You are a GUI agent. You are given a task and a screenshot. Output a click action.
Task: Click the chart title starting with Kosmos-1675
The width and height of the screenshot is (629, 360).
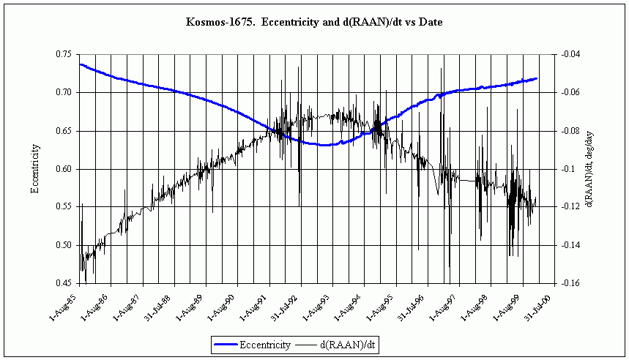(314, 23)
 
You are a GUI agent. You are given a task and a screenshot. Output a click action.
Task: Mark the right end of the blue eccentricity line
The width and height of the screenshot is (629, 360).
(537, 78)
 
